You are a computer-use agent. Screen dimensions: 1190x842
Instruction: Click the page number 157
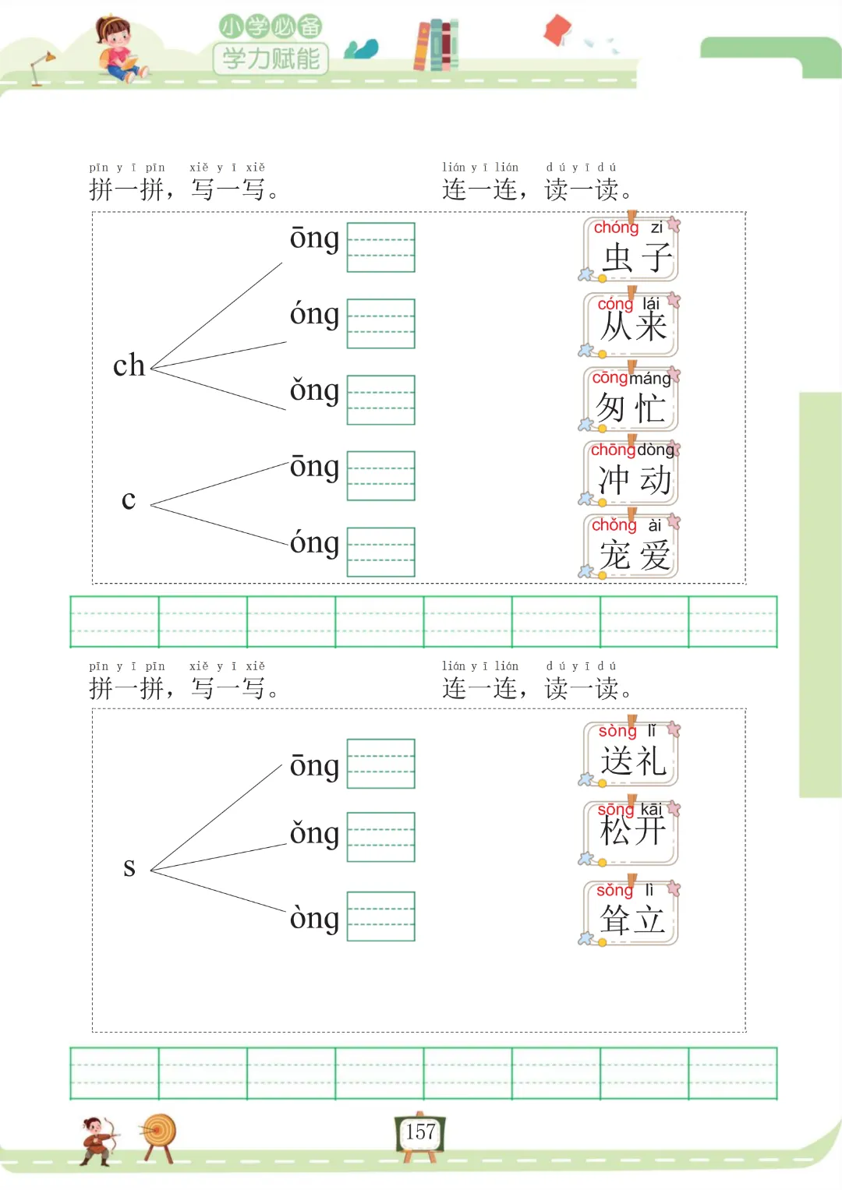[420, 1132]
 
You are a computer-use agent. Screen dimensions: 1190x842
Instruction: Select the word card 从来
[631, 323]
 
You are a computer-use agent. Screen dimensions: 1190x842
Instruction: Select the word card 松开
[631, 831]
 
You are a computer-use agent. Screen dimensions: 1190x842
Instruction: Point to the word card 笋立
[631, 912]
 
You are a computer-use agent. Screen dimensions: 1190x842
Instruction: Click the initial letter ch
[129, 365]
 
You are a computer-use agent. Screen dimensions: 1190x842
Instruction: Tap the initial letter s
[129, 867]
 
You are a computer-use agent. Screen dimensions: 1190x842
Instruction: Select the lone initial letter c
[129, 500]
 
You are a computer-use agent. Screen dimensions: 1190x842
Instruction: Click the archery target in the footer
[159, 1136]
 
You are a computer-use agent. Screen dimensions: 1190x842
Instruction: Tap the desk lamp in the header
[41, 67]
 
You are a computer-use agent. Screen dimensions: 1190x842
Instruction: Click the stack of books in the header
[436, 45]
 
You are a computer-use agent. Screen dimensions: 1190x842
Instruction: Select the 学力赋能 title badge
[271, 58]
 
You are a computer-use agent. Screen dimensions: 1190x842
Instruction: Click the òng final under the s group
[314, 918]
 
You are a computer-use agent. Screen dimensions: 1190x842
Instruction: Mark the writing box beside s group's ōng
[380, 764]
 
